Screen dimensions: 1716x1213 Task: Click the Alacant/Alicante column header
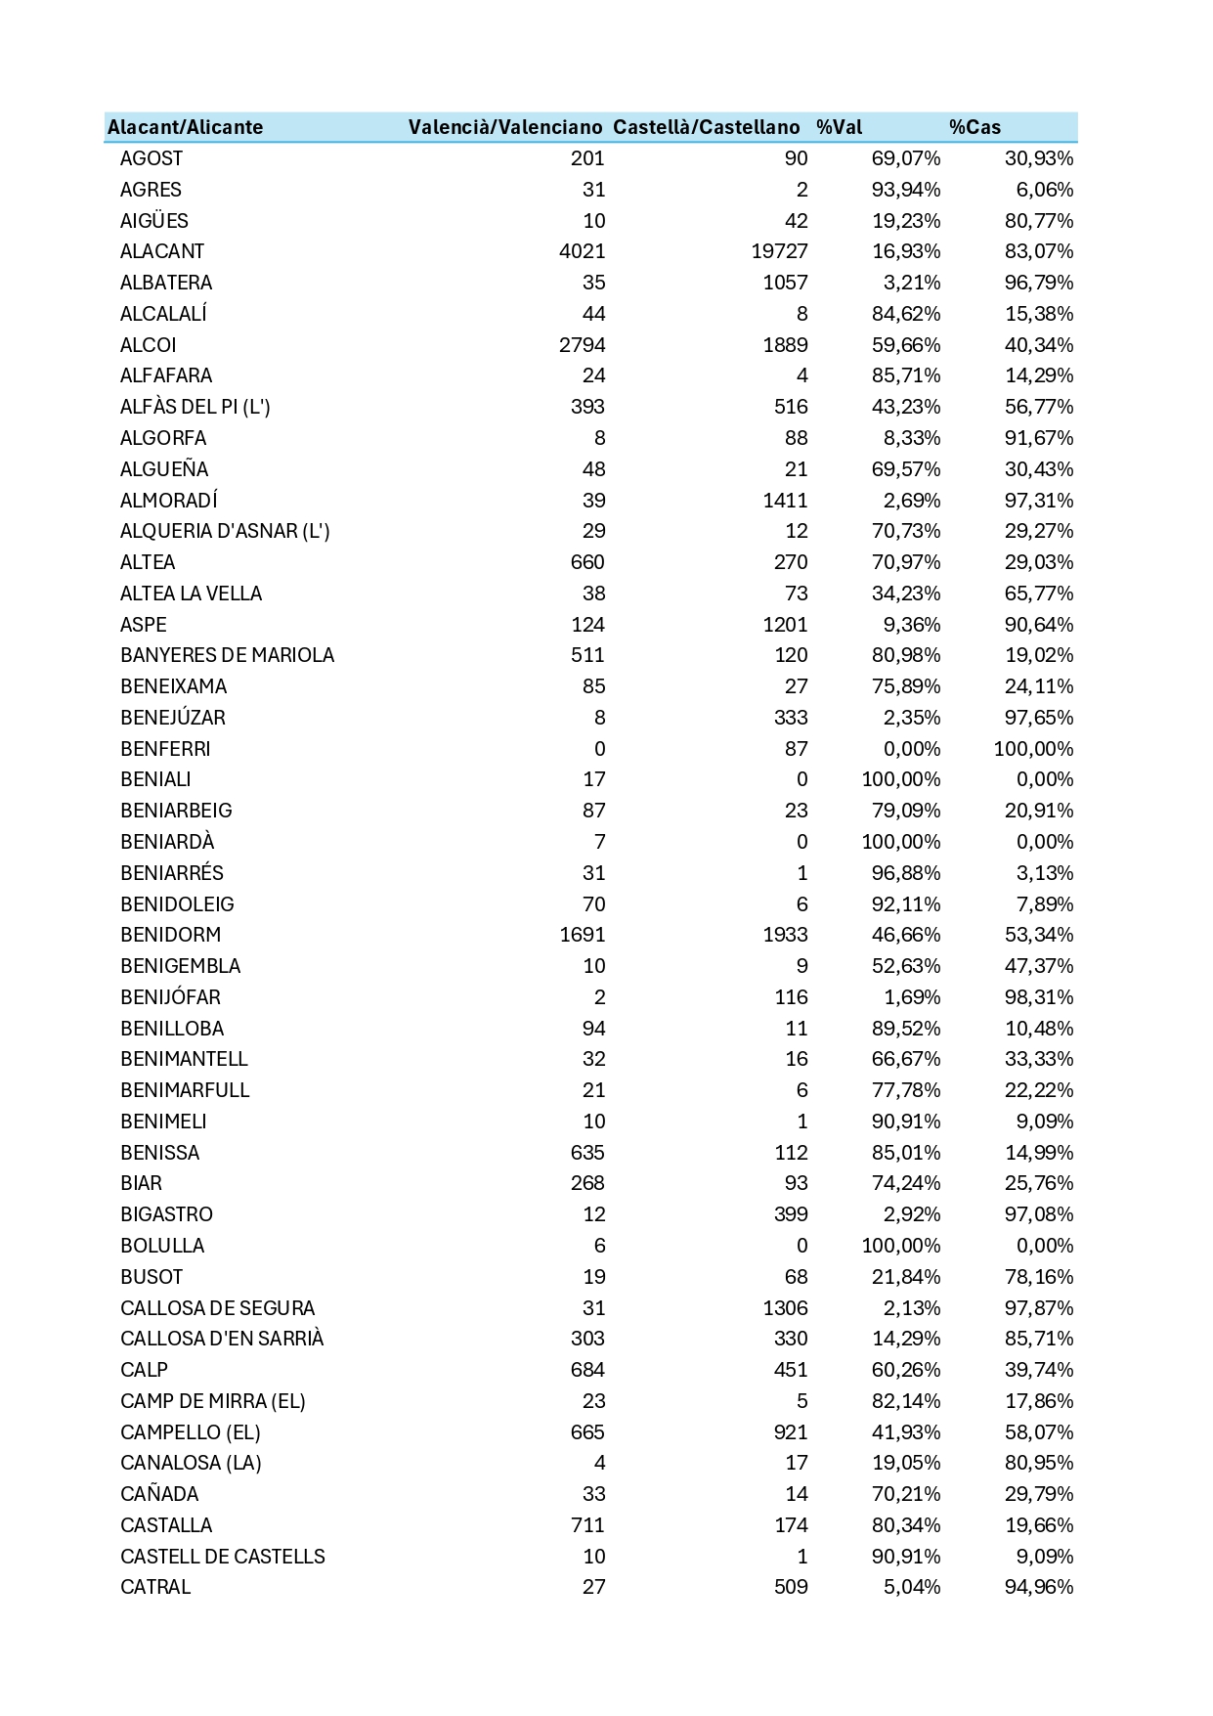point(185,127)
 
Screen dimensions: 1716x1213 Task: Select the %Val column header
point(839,127)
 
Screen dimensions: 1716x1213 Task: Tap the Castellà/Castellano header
point(706,127)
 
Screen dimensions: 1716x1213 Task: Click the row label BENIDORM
point(170,935)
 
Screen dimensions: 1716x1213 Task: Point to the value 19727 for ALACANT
point(779,251)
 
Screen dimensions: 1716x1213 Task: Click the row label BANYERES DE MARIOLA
point(227,655)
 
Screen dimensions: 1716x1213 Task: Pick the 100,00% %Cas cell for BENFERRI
point(1033,749)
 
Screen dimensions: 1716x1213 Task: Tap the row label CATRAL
point(155,1587)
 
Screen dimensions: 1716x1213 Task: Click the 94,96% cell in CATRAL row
point(1039,1587)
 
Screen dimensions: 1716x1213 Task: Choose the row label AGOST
point(152,158)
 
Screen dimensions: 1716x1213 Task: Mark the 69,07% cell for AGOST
point(906,158)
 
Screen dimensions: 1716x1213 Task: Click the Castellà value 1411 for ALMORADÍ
point(785,501)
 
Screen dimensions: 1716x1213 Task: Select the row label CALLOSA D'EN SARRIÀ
point(222,1339)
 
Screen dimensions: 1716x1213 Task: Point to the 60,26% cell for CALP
point(906,1370)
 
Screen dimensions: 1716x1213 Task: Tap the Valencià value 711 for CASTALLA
point(587,1525)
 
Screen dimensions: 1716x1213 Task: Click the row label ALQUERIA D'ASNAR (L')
point(225,531)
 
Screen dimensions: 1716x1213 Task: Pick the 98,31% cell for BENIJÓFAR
point(1039,997)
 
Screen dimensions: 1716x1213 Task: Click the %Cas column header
point(975,127)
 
